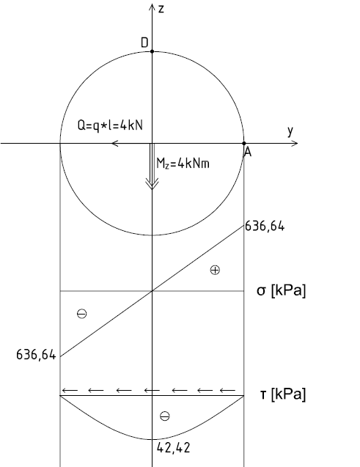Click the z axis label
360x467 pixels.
(161, 9)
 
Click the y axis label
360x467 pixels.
(290, 130)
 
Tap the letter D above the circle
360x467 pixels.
(144, 43)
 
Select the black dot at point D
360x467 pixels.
(153, 51)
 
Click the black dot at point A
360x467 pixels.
(244, 143)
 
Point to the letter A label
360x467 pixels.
(248, 152)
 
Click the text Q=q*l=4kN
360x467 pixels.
(110, 125)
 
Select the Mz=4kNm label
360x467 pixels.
(183, 163)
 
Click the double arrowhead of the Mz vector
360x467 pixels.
(153, 183)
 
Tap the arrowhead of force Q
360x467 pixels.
(115, 143)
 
